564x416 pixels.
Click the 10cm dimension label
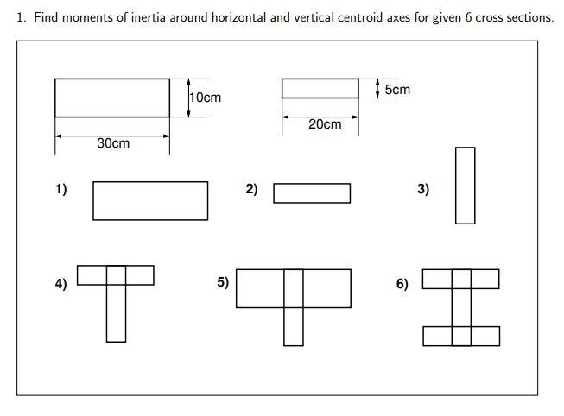206,98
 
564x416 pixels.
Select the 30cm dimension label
113,143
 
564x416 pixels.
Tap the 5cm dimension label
397,90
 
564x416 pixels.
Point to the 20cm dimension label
325,124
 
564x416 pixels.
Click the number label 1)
60,189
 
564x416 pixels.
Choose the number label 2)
251,189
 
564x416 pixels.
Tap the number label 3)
422,189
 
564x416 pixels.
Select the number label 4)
60,283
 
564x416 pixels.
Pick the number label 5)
223,281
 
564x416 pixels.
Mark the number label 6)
402,283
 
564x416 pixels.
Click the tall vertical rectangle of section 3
465,186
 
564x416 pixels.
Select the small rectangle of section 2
312,193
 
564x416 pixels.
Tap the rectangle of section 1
150,200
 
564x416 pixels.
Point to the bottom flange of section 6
461,336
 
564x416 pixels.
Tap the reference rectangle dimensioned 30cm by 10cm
112,98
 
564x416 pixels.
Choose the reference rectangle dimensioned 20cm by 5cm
320,88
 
